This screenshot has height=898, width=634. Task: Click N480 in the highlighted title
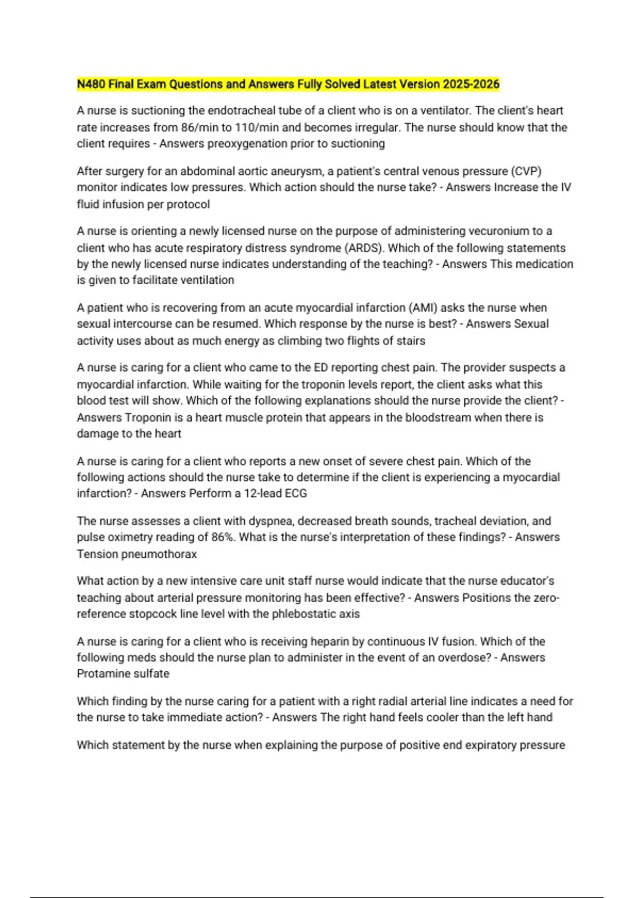pos(91,84)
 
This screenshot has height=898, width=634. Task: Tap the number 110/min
pos(257,127)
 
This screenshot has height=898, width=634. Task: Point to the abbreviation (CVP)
pos(526,171)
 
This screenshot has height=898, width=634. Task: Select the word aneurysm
pos(303,171)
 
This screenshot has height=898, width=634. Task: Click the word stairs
pos(408,341)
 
